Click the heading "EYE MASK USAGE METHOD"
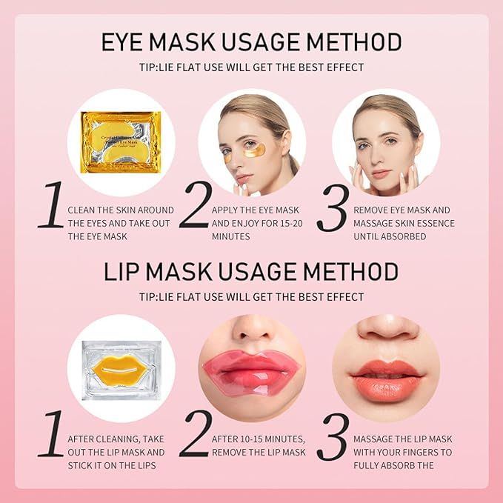click(251, 41)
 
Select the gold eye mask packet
click(121, 141)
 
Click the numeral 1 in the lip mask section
click(50, 435)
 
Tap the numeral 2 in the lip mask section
click(195, 435)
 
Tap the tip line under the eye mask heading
click(251, 67)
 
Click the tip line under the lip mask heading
click(251, 296)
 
